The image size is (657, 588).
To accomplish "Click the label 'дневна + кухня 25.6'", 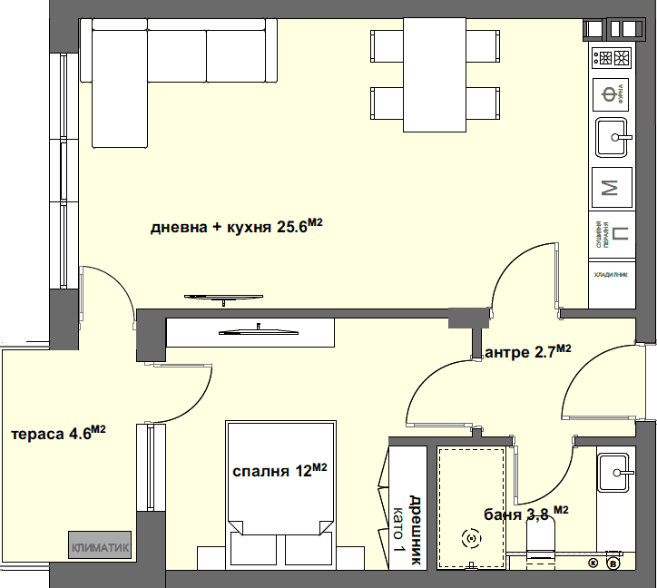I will click(x=236, y=227).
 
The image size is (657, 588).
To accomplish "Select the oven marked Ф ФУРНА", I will click(x=611, y=92).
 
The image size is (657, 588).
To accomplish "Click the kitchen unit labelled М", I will click(x=611, y=188).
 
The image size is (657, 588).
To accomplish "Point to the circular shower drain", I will click(x=471, y=539).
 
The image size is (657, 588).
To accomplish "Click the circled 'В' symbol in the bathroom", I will click(x=613, y=563).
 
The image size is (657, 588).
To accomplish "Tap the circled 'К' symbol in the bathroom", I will click(x=594, y=563).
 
